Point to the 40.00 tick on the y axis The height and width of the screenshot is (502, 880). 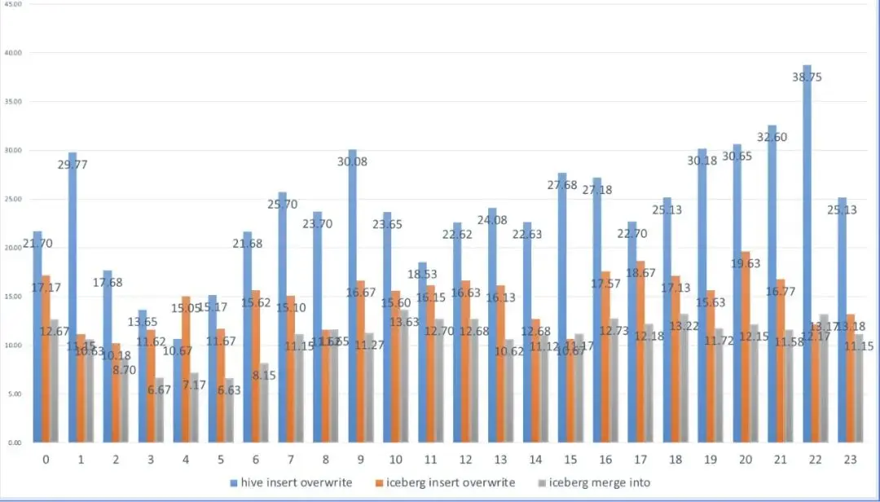tap(13, 53)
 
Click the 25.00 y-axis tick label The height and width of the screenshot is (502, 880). tap(13, 200)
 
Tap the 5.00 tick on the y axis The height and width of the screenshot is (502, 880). tap(14, 394)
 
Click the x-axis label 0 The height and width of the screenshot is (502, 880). tap(46, 460)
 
